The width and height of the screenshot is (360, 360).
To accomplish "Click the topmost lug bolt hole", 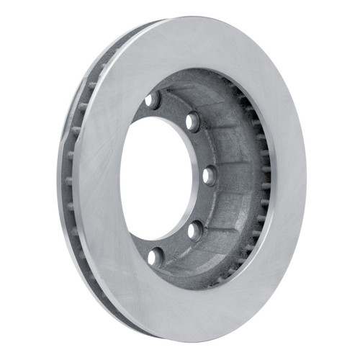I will pyautogui.click(x=152, y=100).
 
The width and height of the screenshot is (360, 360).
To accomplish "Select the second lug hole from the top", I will pyautogui.click(x=192, y=122).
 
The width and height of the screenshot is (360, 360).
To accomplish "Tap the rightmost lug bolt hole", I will pyautogui.click(x=209, y=175).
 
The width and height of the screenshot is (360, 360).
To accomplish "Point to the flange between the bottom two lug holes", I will pyautogui.click(x=174, y=244).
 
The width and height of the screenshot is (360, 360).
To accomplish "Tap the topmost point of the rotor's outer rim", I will pyautogui.click(x=209, y=17).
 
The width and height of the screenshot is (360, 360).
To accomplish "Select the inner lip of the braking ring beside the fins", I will pyautogui.click(x=271, y=180).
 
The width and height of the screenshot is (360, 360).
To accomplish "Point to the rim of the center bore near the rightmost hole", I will pyautogui.click(x=198, y=176).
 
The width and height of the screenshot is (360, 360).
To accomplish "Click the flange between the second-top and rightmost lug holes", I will pyautogui.click(x=202, y=148).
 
